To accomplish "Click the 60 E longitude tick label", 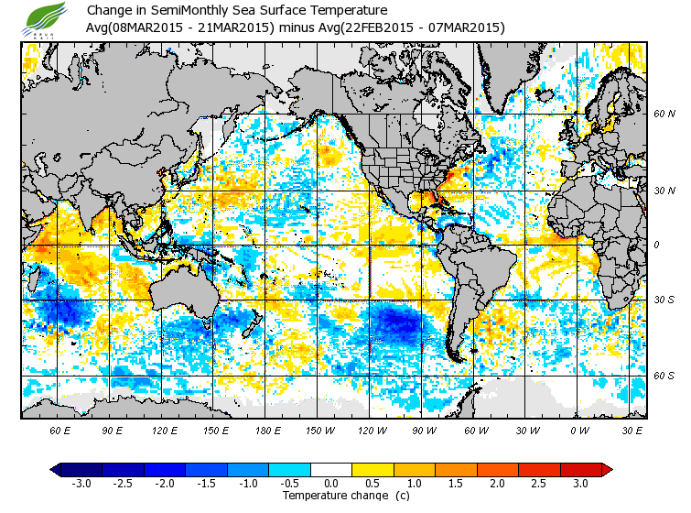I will coord(61,430).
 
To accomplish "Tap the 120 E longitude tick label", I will coord(165,430).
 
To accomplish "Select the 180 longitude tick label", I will coord(267,430).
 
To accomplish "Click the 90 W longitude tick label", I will coord(423,430).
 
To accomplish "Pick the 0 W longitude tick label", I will coord(578,430).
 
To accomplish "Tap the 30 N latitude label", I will coord(664,191).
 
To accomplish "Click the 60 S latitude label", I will coord(664,376).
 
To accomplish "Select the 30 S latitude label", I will coord(664,300).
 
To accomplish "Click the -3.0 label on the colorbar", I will coord(81,484).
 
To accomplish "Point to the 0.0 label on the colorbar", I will coord(330,484).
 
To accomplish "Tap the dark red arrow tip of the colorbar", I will coord(607,470).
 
